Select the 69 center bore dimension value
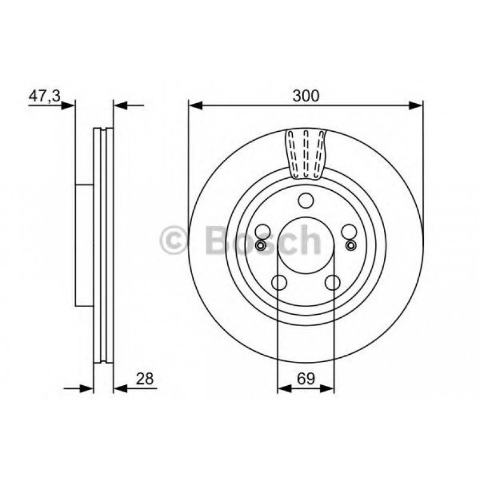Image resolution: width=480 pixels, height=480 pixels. point(305,377)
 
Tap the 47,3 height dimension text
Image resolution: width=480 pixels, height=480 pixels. point(45,95)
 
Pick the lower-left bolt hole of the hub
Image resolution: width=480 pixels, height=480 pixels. point(279,282)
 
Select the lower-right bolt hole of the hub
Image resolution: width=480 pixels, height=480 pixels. point(333,282)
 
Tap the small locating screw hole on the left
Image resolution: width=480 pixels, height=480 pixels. point(261,245)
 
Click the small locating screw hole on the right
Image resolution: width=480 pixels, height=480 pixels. point(351,245)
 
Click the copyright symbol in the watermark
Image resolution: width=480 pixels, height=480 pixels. point(175,240)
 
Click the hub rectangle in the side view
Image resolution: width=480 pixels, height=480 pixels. point(85,244)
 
